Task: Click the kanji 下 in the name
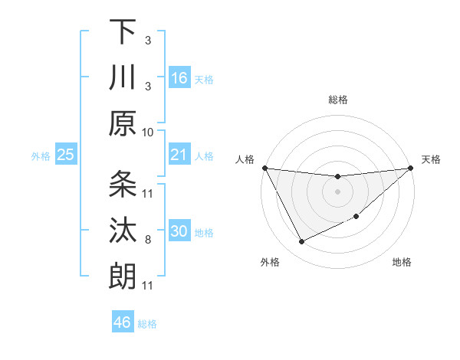coord(123,32)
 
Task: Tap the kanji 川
coord(123,77)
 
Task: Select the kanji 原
coord(123,123)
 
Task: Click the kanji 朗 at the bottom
coord(123,275)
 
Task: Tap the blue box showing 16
coord(179,78)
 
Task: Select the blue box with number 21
coord(179,155)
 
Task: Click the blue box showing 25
coord(66,155)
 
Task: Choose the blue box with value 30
coord(179,231)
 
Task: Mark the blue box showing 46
coord(123,322)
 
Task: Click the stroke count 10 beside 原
coord(148,132)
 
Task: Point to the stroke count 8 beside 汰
coord(148,240)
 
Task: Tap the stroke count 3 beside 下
coord(148,39)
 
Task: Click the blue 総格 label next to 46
coord(147,324)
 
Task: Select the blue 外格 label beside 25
coord(41,156)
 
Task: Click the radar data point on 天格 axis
coord(411,168)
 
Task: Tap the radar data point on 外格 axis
coord(301,242)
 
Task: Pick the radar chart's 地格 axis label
coord(402,263)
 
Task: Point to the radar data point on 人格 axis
coord(264,168)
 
